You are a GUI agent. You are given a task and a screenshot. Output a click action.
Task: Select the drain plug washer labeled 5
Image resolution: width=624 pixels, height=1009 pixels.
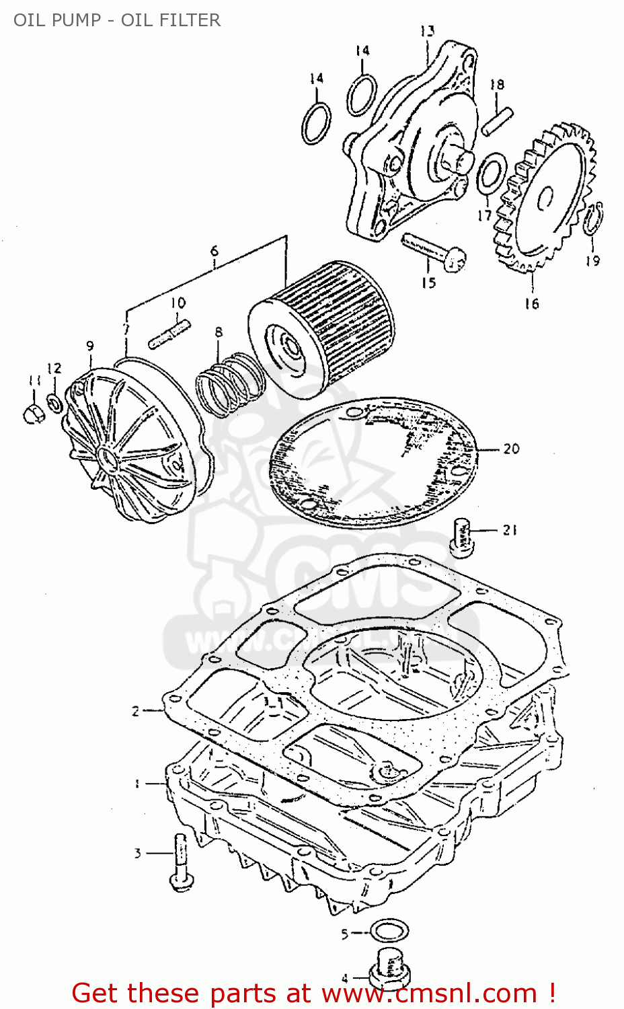pyautogui.click(x=391, y=932)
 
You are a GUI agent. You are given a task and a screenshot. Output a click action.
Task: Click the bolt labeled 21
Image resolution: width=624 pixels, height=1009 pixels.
pyautogui.click(x=461, y=537)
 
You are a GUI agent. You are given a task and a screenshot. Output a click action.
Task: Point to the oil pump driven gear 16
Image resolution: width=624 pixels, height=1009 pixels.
pyautogui.click(x=546, y=198)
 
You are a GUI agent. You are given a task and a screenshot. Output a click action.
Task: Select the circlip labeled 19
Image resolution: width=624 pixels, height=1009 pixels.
pyautogui.click(x=594, y=219)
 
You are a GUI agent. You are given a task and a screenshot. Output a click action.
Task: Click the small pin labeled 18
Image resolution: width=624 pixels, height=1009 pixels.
pyautogui.click(x=498, y=121)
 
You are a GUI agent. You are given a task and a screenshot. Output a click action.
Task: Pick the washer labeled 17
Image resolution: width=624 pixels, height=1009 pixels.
pyautogui.click(x=492, y=172)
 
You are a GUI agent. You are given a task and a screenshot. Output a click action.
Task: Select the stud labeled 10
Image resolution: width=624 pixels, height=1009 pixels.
pyautogui.click(x=169, y=334)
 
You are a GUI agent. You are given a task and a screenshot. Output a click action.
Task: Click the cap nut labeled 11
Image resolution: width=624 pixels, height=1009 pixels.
pyautogui.click(x=32, y=413)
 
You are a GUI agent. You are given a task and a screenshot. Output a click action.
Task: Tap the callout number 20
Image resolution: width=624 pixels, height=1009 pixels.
pyautogui.click(x=511, y=449)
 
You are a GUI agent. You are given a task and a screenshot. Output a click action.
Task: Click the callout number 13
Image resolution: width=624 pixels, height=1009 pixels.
pyautogui.click(x=428, y=31)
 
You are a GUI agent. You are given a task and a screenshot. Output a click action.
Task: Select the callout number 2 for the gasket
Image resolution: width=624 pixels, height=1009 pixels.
pyautogui.click(x=135, y=710)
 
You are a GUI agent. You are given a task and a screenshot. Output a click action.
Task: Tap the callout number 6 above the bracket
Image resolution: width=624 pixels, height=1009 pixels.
pyautogui.click(x=214, y=251)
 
